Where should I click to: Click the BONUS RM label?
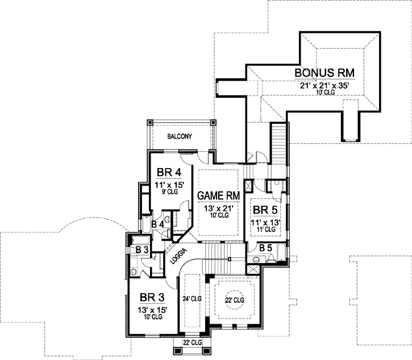(324, 73)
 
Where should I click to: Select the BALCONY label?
(180, 136)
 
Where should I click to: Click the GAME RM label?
(218, 196)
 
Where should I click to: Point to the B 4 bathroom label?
(158, 224)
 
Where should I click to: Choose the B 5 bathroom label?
(265, 248)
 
